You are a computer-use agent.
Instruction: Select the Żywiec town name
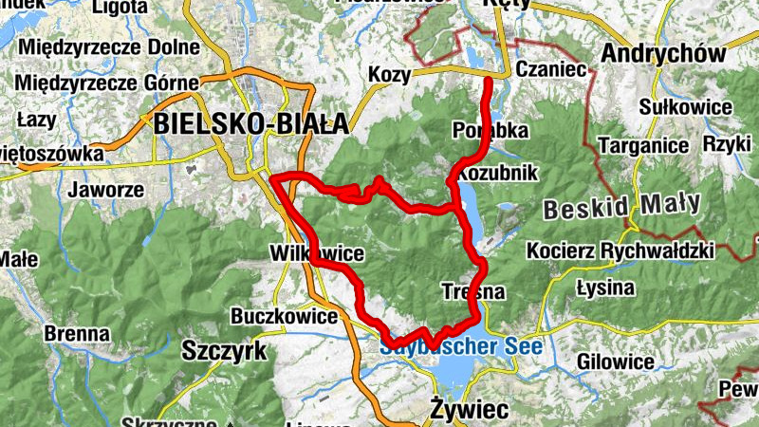(x=469, y=409)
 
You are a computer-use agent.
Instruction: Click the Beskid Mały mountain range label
(x=621, y=205)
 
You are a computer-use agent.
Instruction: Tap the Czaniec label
(x=549, y=70)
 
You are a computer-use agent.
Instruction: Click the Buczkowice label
(x=284, y=316)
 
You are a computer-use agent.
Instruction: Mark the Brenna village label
(x=76, y=334)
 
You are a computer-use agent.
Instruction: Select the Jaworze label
(x=105, y=189)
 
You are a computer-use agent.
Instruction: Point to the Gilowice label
(x=616, y=362)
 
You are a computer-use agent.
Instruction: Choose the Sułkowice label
(x=686, y=106)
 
